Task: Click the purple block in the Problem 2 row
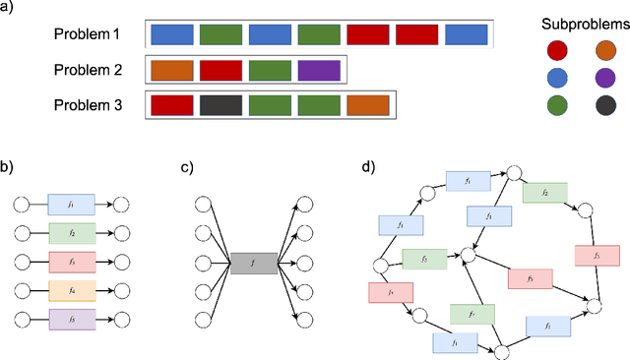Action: pyautogui.click(x=319, y=70)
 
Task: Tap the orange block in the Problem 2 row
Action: pyautogui.click(x=171, y=70)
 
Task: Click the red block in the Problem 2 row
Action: pyautogui.click(x=220, y=70)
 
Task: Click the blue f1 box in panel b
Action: pyautogui.click(x=71, y=206)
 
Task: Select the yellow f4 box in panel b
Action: pyautogui.click(x=71, y=290)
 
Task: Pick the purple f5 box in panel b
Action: pyautogui.click(x=71, y=319)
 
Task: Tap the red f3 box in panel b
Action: pyautogui.click(x=71, y=262)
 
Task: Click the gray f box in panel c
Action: pyautogui.click(x=253, y=262)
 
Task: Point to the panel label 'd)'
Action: pyautogui.click(x=368, y=166)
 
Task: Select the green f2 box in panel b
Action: pyautogui.click(x=71, y=234)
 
